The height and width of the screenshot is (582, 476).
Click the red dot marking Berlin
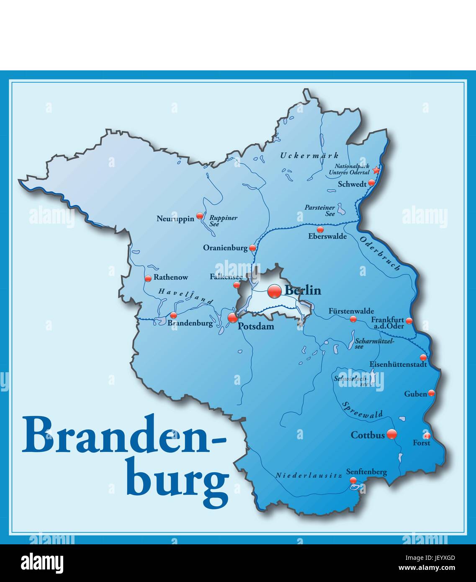click(275, 291)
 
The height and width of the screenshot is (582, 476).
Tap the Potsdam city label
click(256, 327)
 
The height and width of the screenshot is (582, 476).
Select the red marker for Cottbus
click(391, 434)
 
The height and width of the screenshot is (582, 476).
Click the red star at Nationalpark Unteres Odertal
click(376, 170)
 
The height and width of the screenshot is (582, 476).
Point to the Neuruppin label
click(175, 219)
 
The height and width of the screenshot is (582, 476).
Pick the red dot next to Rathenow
click(148, 278)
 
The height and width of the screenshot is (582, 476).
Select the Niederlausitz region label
click(309, 475)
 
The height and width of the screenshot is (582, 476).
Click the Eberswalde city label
click(327, 237)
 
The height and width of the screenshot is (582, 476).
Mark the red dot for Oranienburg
click(252, 248)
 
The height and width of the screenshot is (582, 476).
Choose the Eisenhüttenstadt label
click(398, 364)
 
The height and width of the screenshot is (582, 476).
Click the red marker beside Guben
click(431, 393)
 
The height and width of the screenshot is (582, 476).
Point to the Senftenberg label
click(366, 472)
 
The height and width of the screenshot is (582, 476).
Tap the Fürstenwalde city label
click(351, 311)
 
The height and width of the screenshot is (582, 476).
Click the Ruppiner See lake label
click(223, 221)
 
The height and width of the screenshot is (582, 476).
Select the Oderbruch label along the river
click(380, 253)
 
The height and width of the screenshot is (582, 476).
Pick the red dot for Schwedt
click(371, 183)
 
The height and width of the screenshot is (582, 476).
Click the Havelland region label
click(185, 296)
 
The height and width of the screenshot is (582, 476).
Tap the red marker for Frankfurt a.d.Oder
click(409, 321)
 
